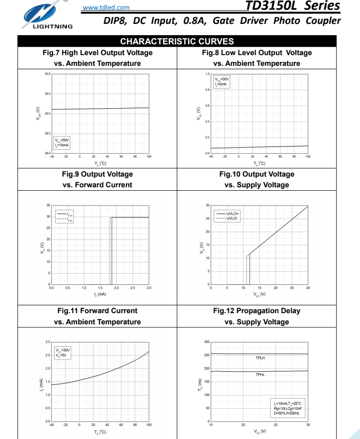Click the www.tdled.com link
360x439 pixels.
click(106, 7)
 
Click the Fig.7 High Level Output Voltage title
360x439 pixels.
click(98, 53)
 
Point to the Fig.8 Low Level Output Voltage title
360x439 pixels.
click(257, 53)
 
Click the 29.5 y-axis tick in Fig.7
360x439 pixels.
click(47, 94)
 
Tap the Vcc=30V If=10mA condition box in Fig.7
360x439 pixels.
click(62, 142)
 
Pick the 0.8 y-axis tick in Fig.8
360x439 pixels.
click(207, 90)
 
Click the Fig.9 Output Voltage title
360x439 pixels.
click(98, 174)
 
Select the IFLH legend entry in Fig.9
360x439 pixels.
click(67, 214)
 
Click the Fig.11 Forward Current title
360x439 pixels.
click(98, 311)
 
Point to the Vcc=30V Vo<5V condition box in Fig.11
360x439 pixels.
click(62, 352)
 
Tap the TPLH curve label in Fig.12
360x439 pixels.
click(260, 358)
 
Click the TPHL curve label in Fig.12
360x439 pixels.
click(260, 375)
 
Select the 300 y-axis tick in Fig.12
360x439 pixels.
click(207, 342)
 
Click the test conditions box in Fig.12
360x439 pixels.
click(288, 408)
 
